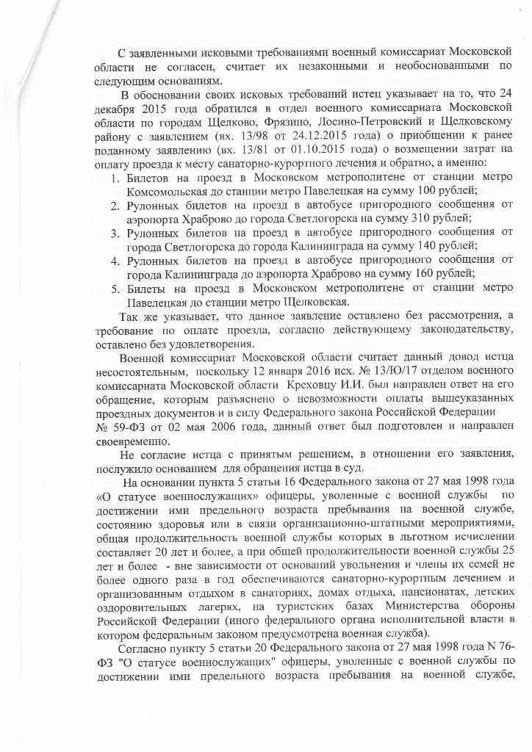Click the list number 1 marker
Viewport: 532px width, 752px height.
tap(115, 179)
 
